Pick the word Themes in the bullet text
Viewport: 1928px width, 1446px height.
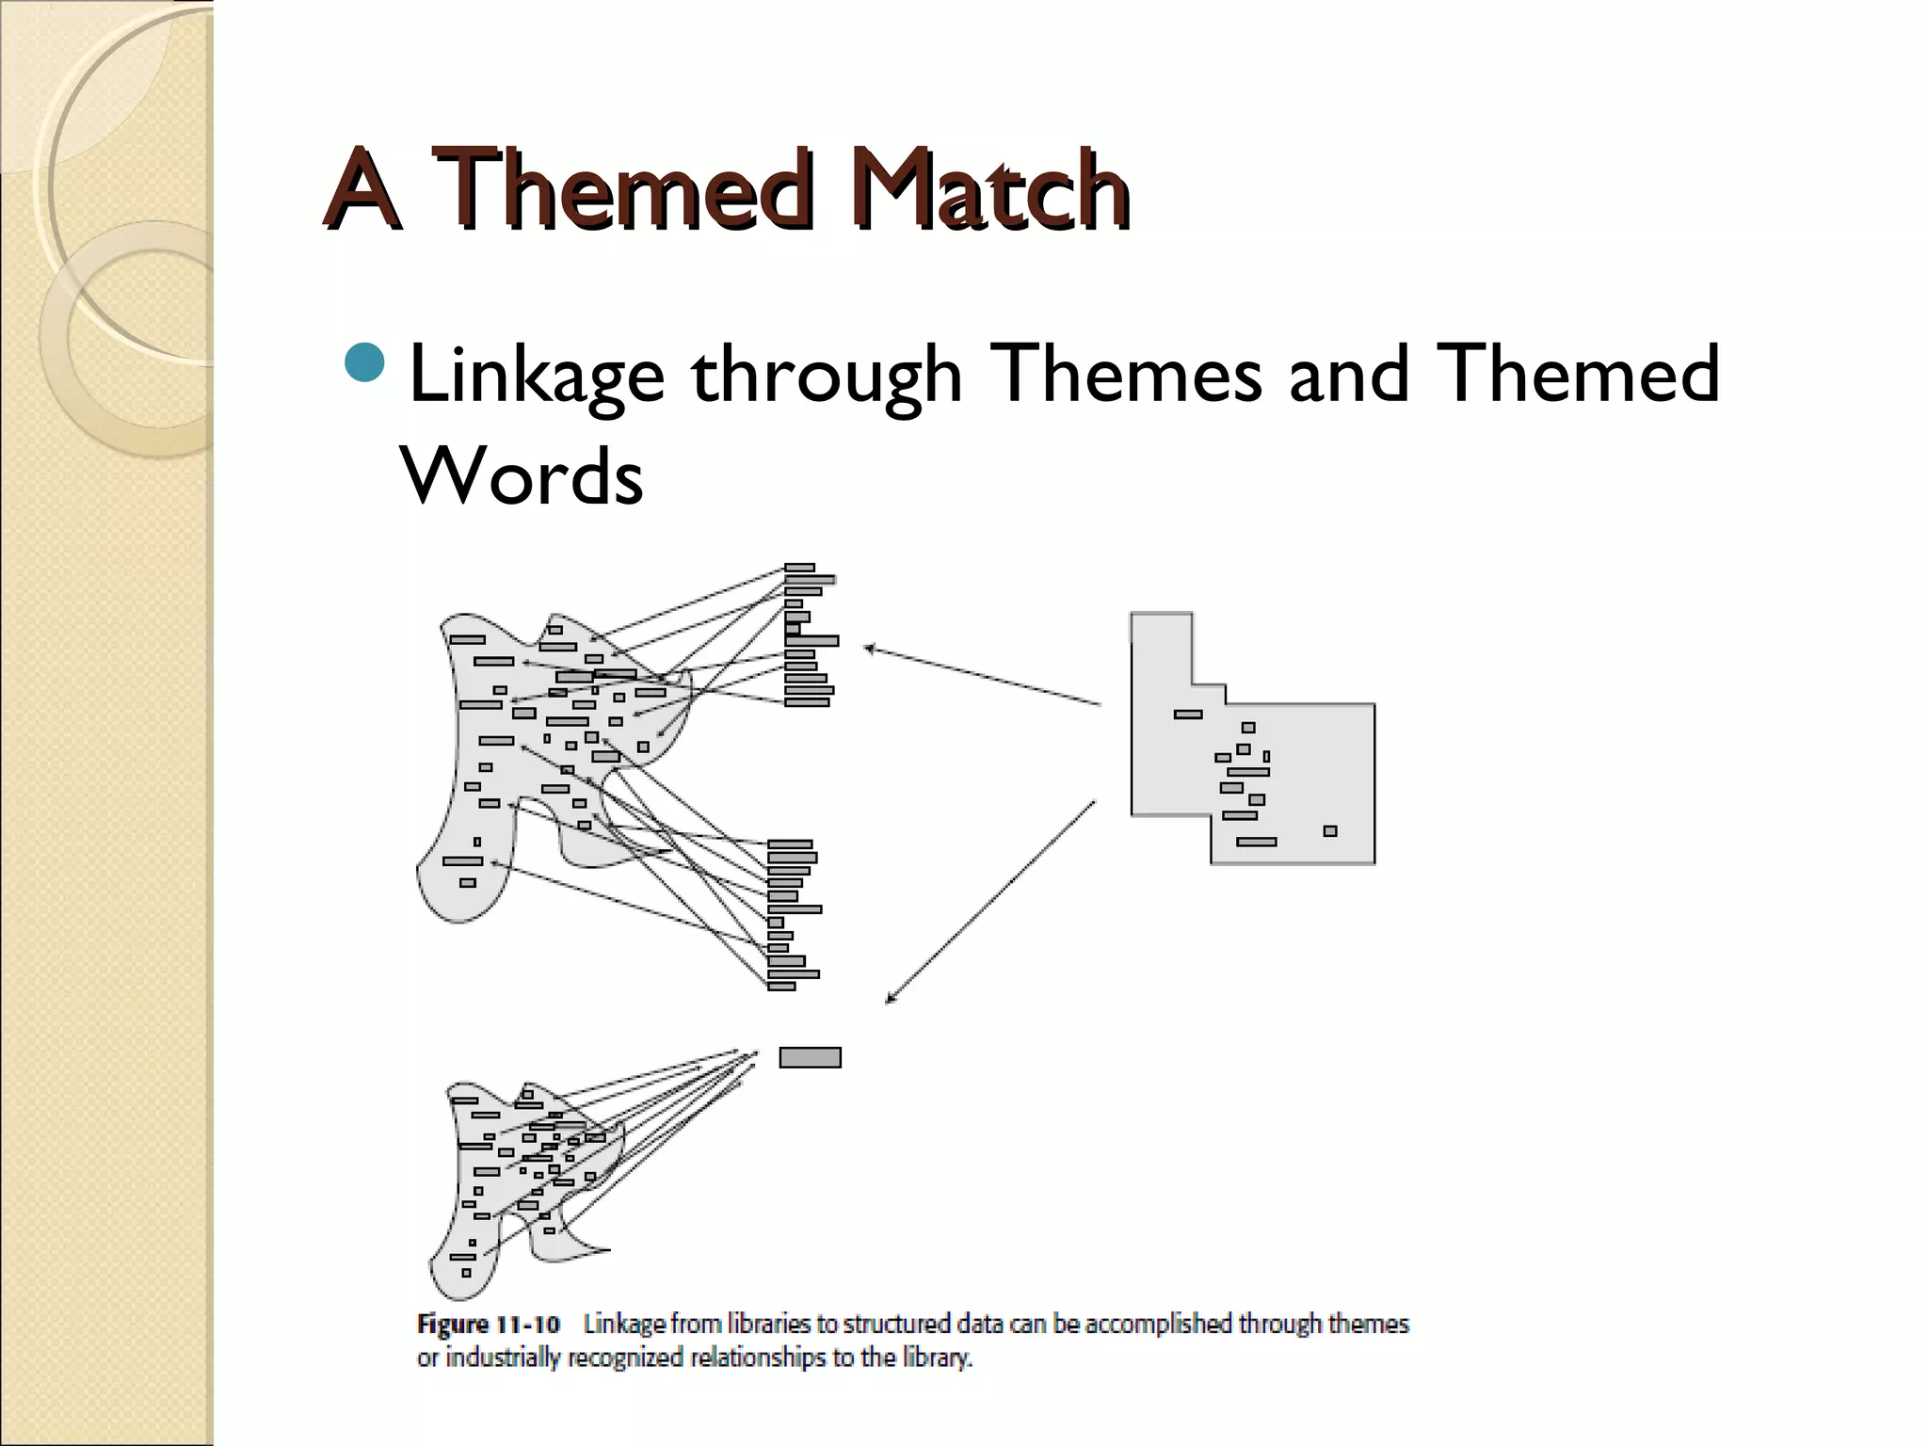coord(1128,374)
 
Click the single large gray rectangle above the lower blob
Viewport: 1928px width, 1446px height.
coord(810,1057)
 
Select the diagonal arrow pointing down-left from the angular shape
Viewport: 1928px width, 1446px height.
coord(990,902)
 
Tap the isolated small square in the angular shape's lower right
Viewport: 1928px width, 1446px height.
coord(1329,830)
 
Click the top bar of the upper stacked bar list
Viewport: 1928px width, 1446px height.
coord(799,568)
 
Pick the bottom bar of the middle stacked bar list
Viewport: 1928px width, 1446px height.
coord(781,986)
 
